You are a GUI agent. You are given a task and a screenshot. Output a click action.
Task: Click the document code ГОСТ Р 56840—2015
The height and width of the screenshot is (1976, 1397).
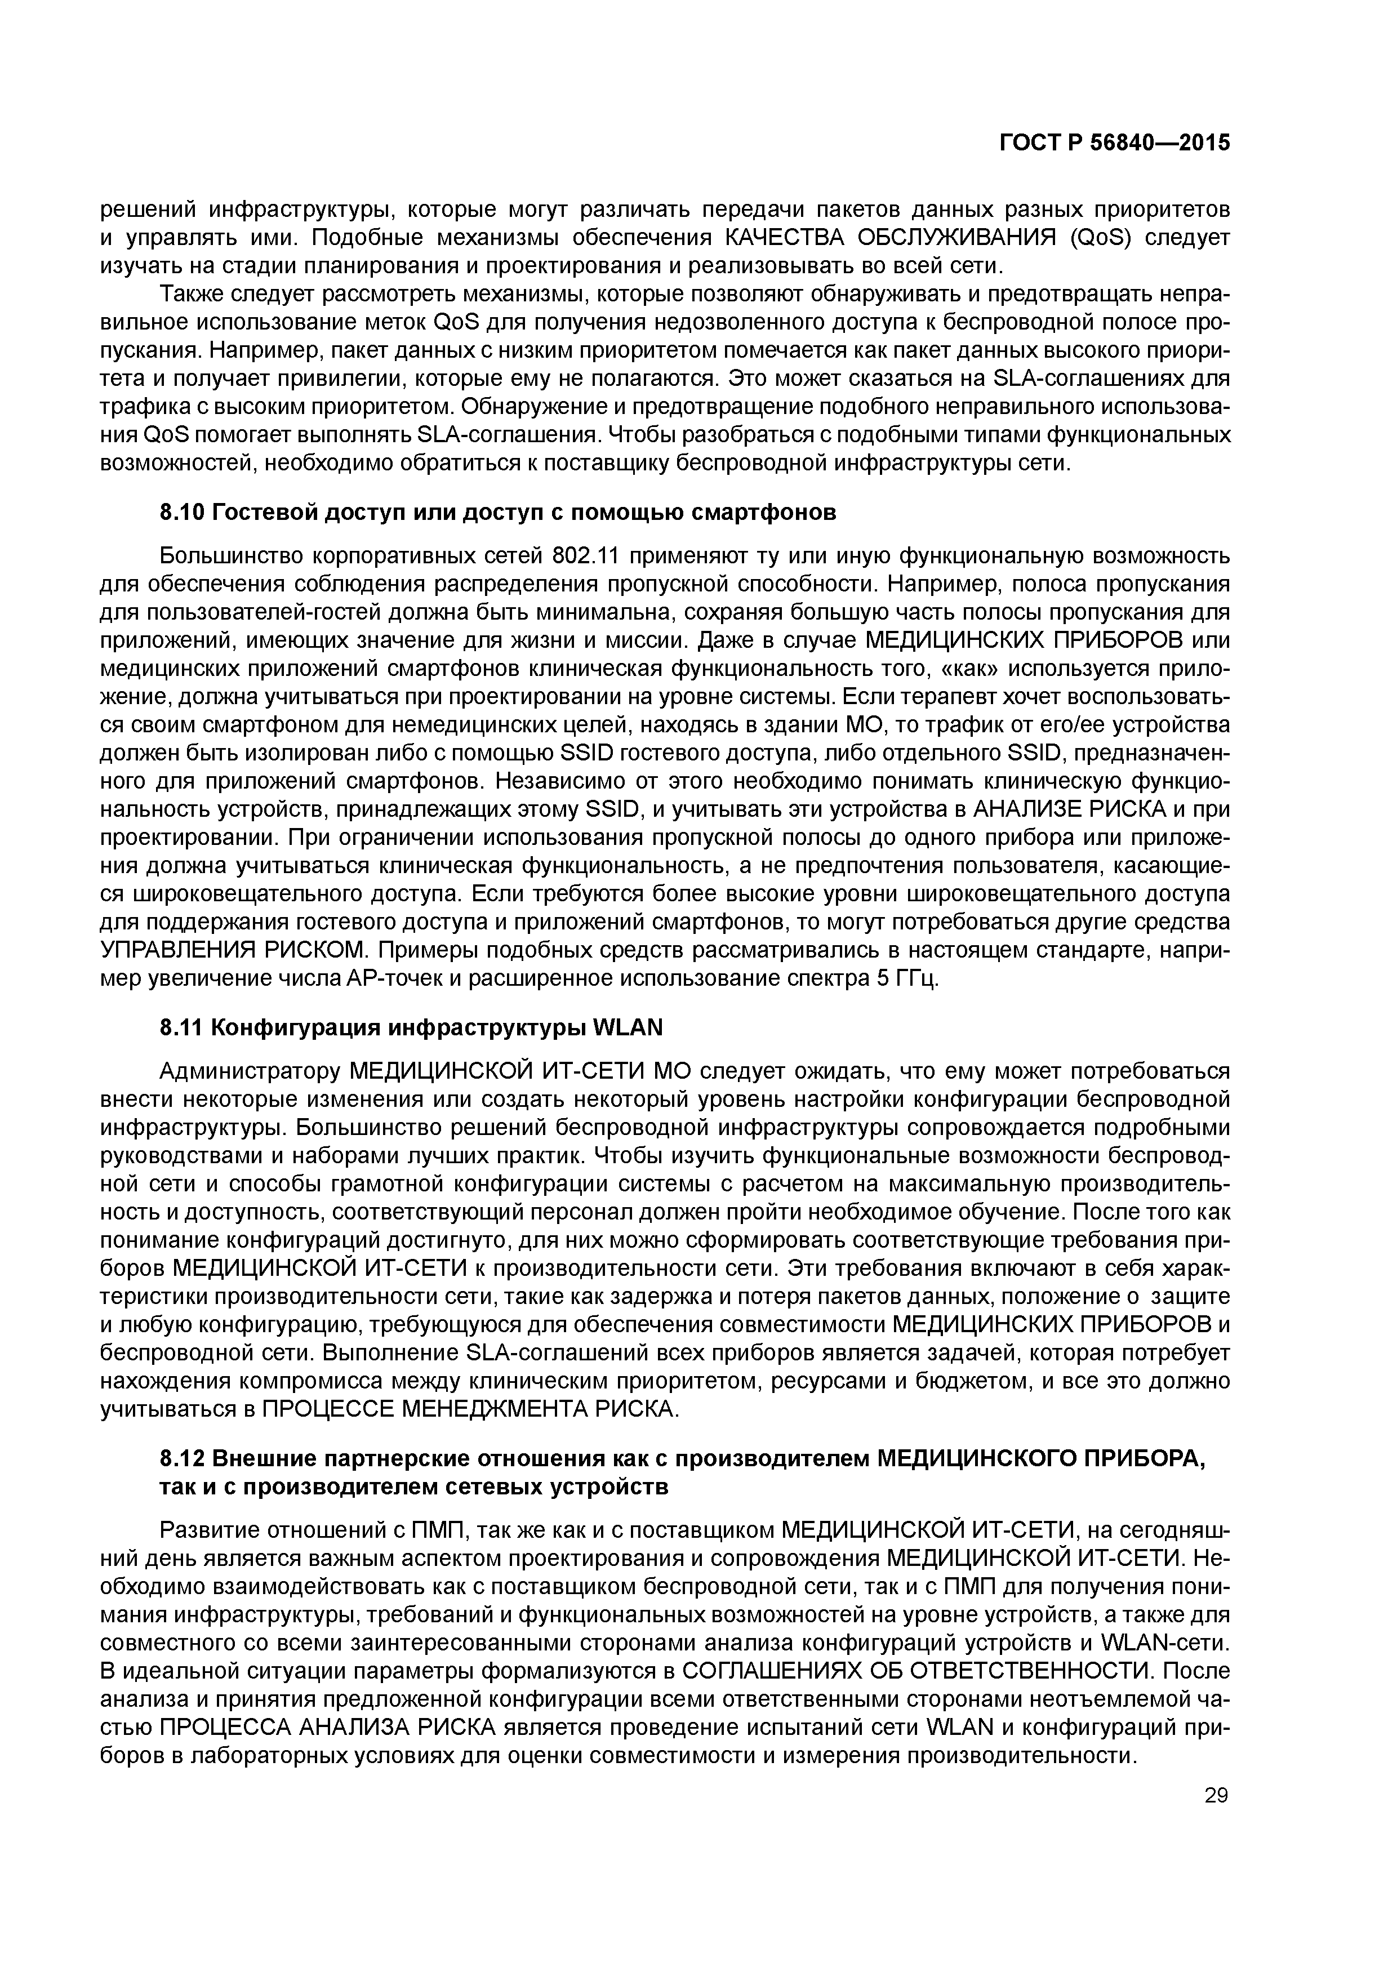click(1115, 143)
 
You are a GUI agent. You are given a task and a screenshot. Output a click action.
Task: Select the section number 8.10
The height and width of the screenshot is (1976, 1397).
click(181, 513)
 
